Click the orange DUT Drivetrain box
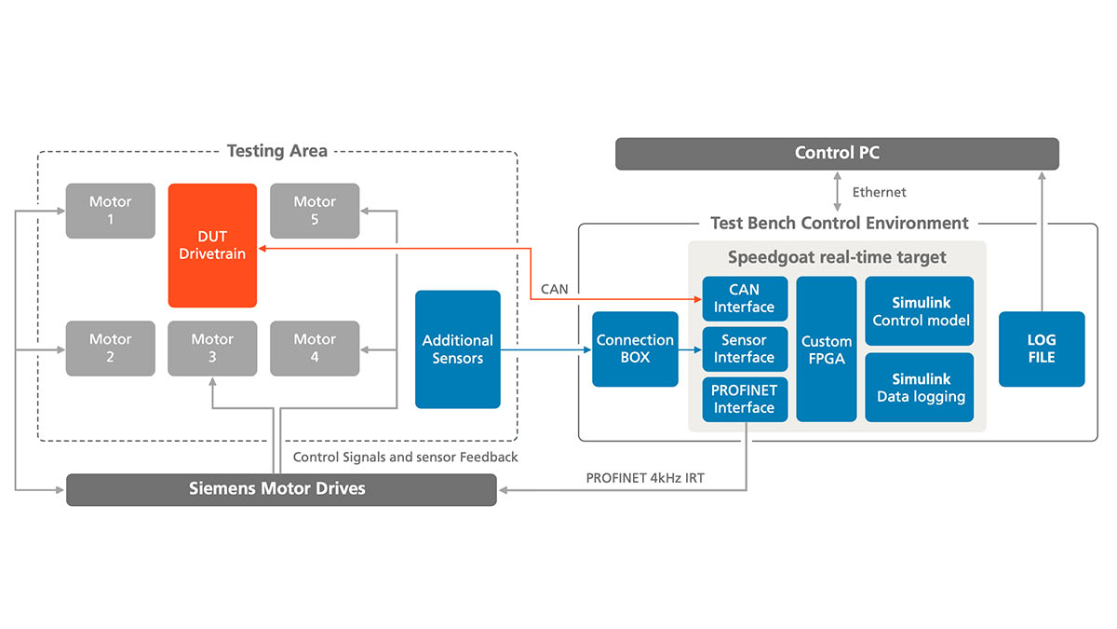click(x=212, y=245)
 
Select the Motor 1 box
click(x=110, y=211)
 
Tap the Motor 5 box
click(x=315, y=211)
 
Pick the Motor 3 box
click(x=212, y=349)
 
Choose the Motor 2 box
click(x=110, y=349)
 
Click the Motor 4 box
click(x=315, y=349)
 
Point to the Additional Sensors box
click(x=457, y=349)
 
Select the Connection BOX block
click(x=635, y=349)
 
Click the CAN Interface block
click(x=745, y=299)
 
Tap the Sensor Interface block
click(x=745, y=349)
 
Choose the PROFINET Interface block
click(x=745, y=399)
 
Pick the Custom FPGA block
click(x=827, y=349)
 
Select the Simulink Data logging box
click(x=920, y=388)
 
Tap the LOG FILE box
click(x=1042, y=349)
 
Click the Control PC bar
click(x=837, y=154)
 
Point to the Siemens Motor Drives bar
click(x=281, y=489)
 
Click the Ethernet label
click(x=879, y=193)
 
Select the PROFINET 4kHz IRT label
click(x=645, y=478)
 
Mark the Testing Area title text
click(x=276, y=151)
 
